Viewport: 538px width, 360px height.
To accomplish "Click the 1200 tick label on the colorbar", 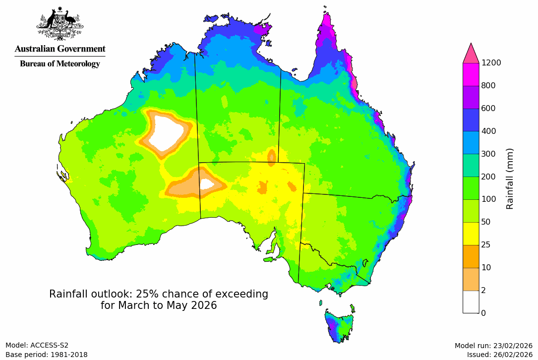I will point(491,62).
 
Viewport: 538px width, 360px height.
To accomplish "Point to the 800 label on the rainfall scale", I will point(488,85).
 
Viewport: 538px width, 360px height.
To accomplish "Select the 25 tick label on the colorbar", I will point(486,244).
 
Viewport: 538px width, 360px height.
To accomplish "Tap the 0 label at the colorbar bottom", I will point(483,313).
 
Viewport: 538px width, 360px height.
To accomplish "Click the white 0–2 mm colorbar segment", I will point(471,301).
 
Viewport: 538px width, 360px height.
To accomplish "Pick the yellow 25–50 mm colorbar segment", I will point(471,233).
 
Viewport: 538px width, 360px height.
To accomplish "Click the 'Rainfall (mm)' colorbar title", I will point(510,179).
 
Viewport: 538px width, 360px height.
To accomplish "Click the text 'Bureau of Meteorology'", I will point(60,64).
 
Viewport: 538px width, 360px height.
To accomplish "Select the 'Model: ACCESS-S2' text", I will point(37,346).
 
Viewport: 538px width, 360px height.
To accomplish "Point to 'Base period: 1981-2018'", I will point(46,355).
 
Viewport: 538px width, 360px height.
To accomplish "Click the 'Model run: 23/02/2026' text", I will point(493,346).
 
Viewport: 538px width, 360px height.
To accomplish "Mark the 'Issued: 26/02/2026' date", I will point(499,355).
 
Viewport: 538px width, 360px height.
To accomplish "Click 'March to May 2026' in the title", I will point(159,305).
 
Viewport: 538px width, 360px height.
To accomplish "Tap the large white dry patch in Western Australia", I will point(165,134).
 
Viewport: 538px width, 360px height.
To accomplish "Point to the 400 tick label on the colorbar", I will point(488,131).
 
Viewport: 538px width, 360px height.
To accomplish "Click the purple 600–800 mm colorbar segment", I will point(471,97).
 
